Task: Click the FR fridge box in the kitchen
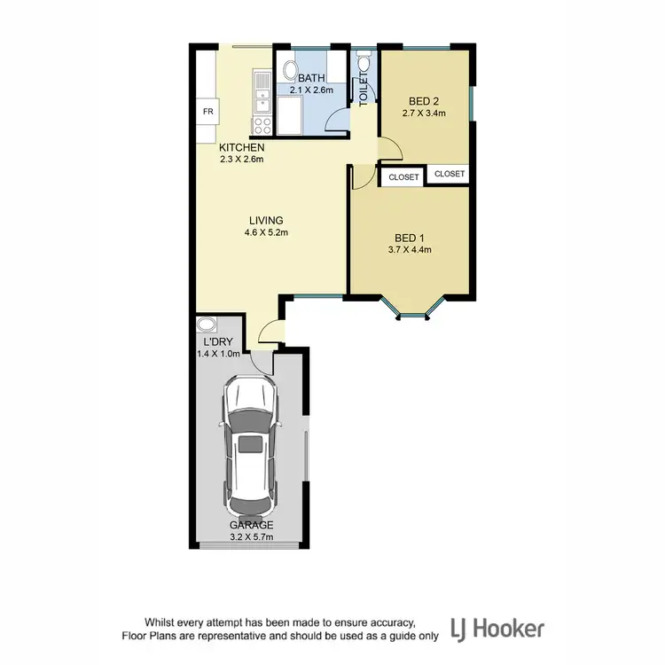click(208, 112)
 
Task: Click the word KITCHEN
click(242, 147)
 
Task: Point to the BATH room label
click(310, 78)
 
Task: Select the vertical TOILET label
click(363, 90)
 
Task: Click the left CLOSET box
click(403, 177)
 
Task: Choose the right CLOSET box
click(450, 174)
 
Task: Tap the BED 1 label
click(409, 237)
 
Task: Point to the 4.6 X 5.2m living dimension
click(266, 232)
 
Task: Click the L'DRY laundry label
click(213, 342)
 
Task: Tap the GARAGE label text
click(253, 525)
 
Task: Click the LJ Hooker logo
click(499, 630)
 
